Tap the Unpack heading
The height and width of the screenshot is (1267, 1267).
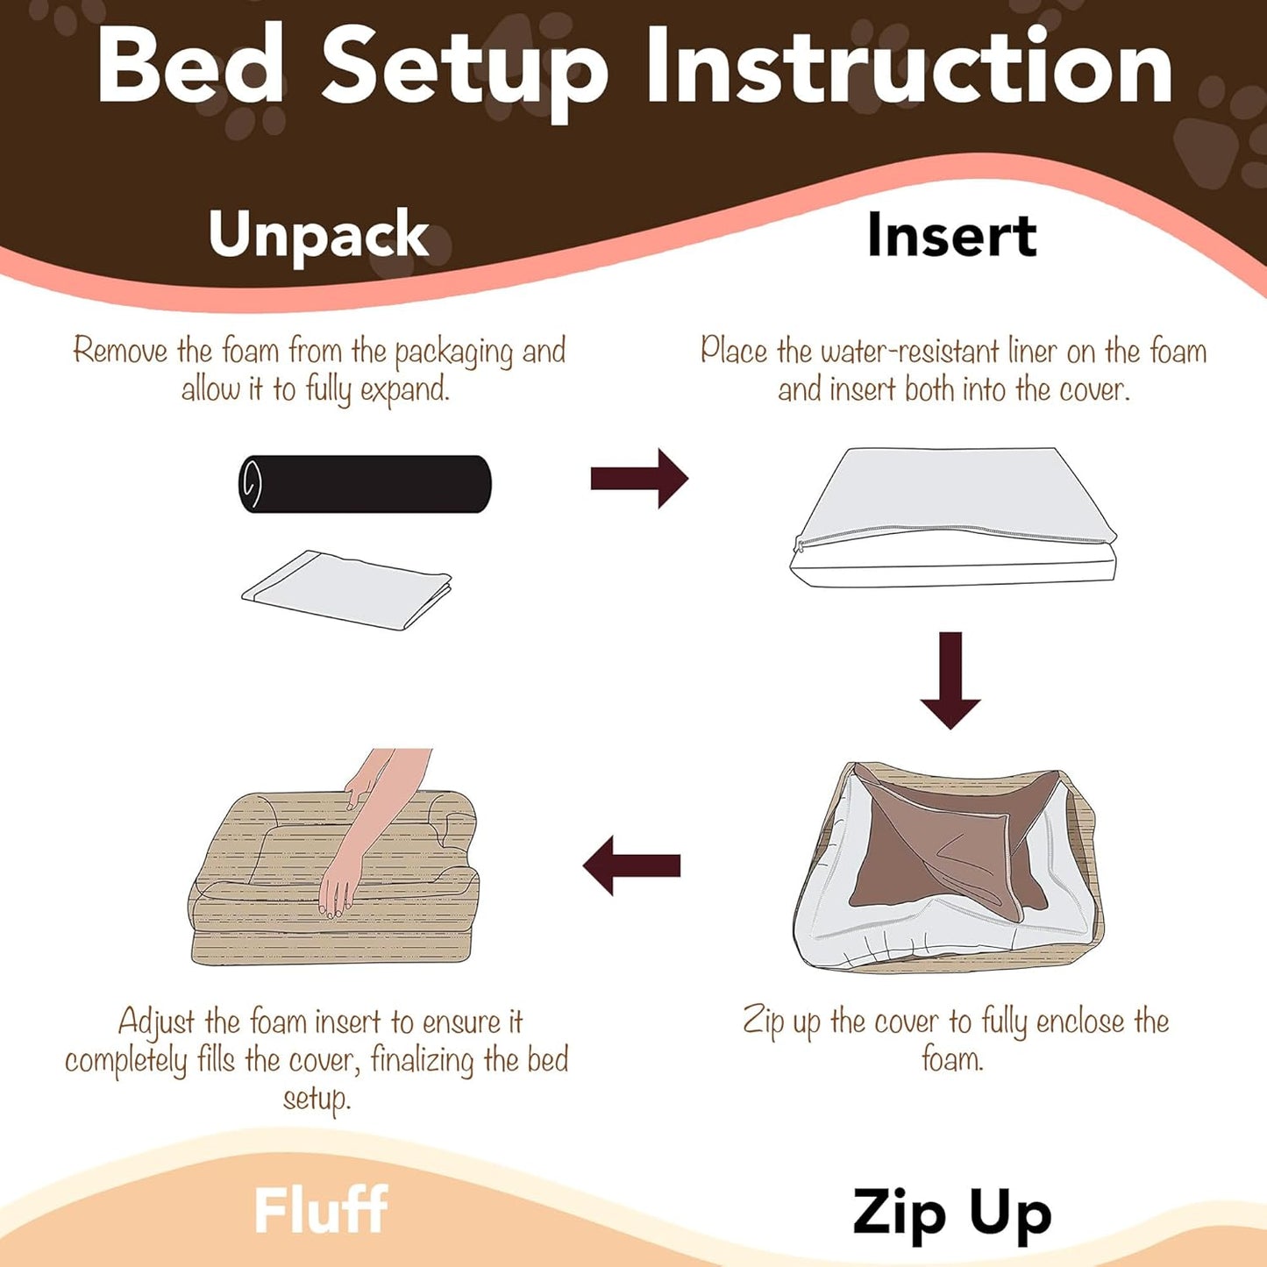[318, 234]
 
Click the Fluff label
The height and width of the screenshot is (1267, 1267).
[321, 1210]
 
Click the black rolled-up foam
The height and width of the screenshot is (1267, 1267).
[365, 483]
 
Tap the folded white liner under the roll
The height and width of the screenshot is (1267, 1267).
[347, 588]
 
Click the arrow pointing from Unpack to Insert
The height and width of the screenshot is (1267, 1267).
[639, 479]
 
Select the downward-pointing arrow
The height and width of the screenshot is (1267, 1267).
[950, 680]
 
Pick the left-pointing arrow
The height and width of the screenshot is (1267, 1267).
[632, 865]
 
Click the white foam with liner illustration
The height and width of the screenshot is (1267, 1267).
[954, 517]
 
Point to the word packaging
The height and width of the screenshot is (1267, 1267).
[453, 352]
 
